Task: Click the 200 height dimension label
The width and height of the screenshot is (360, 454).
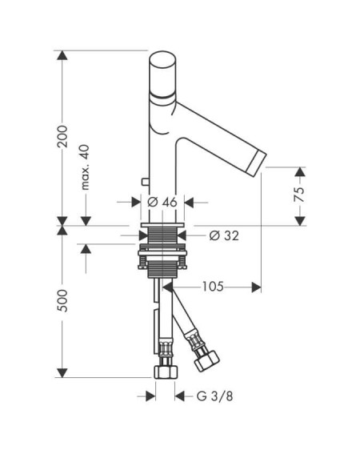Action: click(x=62, y=137)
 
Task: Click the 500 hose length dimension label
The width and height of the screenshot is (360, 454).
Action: click(x=62, y=300)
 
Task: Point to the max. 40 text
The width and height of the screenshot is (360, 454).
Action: click(x=85, y=167)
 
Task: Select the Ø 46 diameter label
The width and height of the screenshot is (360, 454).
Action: click(x=162, y=202)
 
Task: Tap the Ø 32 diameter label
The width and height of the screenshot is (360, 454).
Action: click(x=224, y=235)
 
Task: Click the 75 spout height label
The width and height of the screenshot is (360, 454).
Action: click(x=299, y=195)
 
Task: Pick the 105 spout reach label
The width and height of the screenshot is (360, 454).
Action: click(x=213, y=287)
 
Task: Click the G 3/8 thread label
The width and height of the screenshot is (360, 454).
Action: click(x=214, y=396)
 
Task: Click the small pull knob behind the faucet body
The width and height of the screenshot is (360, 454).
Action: click(x=145, y=182)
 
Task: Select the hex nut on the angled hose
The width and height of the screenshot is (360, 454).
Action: click(x=206, y=360)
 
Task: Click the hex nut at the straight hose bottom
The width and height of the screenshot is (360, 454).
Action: click(x=166, y=372)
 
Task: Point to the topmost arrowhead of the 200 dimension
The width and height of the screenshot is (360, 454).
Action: click(x=62, y=55)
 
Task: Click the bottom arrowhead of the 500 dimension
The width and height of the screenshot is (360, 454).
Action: click(x=62, y=373)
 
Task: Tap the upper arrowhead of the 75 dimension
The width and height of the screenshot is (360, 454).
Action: click(x=300, y=172)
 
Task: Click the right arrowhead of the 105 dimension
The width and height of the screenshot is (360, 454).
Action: click(x=256, y=287)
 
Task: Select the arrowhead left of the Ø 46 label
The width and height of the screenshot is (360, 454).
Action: click(x=136, y=202)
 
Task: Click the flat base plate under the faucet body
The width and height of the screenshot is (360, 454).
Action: click(x=162, y=225)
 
